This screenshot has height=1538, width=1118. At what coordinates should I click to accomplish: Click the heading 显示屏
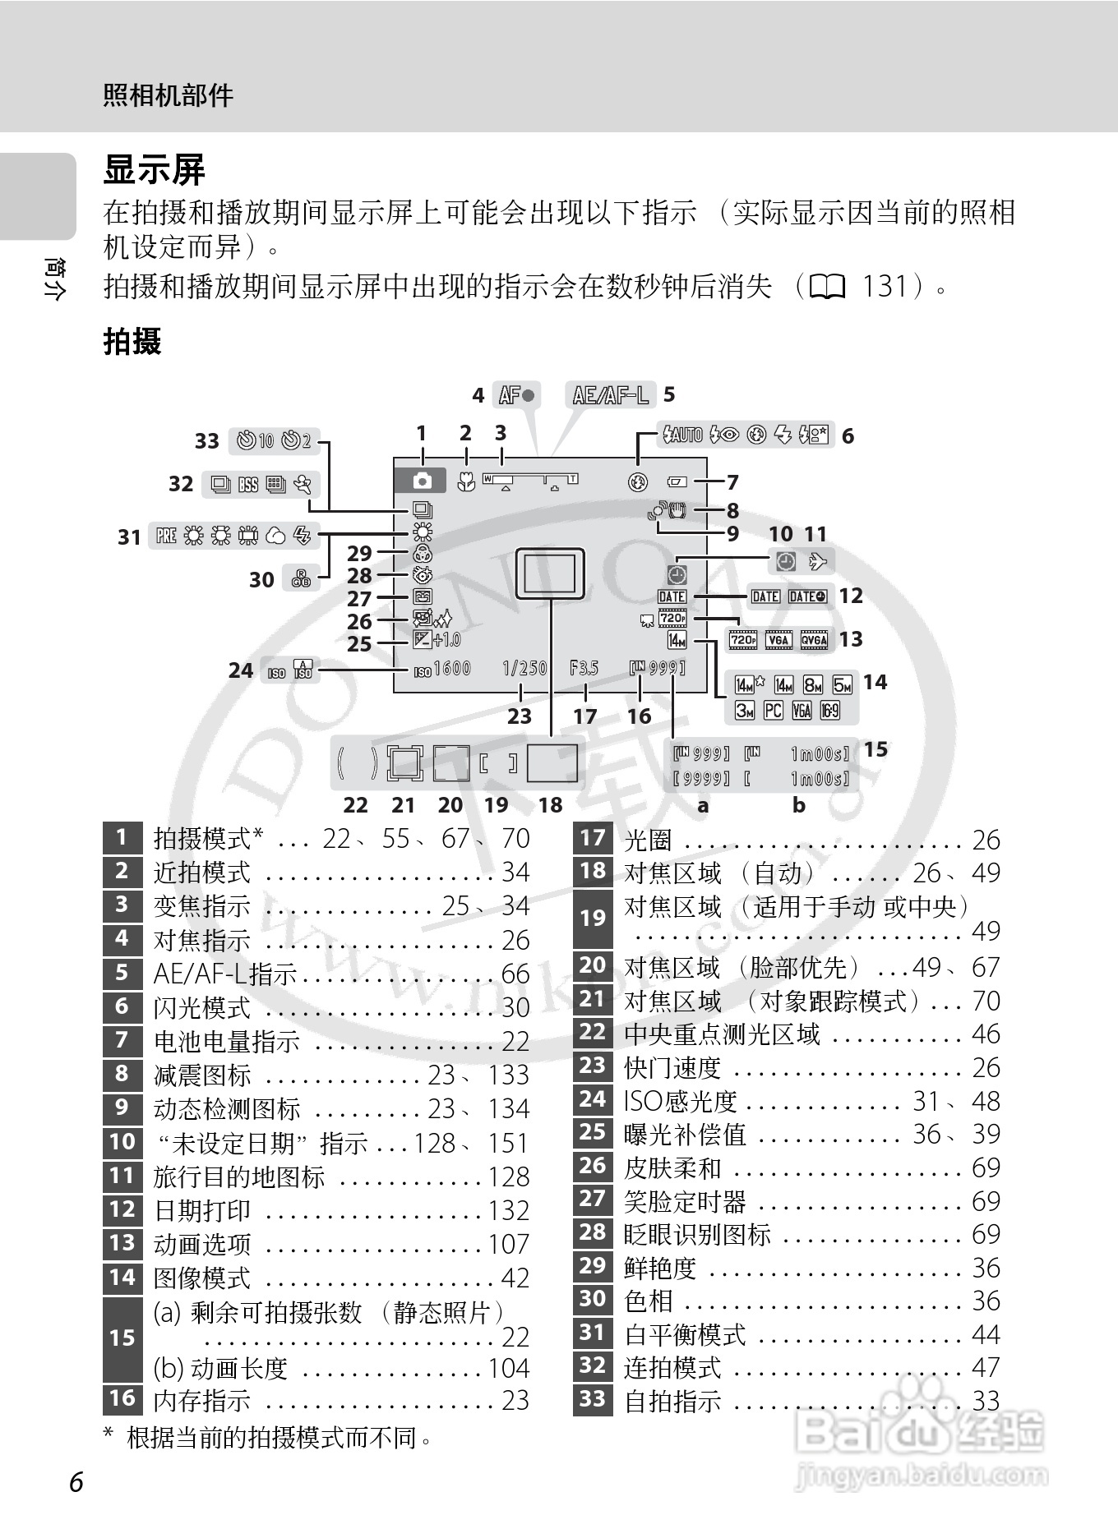(154, 171)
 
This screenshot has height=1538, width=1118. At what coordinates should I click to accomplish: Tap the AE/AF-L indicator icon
(610, 395)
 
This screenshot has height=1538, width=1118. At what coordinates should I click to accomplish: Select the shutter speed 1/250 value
(524, 669)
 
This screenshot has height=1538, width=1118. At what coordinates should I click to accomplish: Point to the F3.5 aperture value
(584, 669)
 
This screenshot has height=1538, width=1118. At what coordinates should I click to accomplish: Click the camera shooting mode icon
(422, 481)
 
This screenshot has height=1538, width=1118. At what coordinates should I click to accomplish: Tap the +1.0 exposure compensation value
(447, 640)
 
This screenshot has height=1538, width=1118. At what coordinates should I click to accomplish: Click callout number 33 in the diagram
(207, 441)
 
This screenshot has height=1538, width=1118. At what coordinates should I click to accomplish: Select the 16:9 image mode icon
(830, 711)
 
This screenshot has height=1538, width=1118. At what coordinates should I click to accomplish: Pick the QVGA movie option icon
(814, 640)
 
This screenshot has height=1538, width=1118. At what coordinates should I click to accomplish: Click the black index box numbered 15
(122, 1338)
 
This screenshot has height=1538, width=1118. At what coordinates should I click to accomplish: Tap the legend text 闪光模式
(202, 1007)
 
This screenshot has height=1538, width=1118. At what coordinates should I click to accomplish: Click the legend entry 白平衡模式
(685, 1334)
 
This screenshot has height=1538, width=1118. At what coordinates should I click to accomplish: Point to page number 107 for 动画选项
(509, 1244)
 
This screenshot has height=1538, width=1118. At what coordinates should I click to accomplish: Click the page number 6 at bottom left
(76, 1482)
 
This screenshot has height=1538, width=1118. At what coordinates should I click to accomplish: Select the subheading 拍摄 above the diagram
(132, 341)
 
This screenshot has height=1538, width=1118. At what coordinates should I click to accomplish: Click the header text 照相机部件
(169, 96)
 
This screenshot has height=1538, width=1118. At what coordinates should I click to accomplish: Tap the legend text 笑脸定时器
(685, 1201)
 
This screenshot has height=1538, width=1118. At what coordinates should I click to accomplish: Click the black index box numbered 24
(593, 1099)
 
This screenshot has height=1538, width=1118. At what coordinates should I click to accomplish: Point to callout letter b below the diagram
(799, 806)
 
